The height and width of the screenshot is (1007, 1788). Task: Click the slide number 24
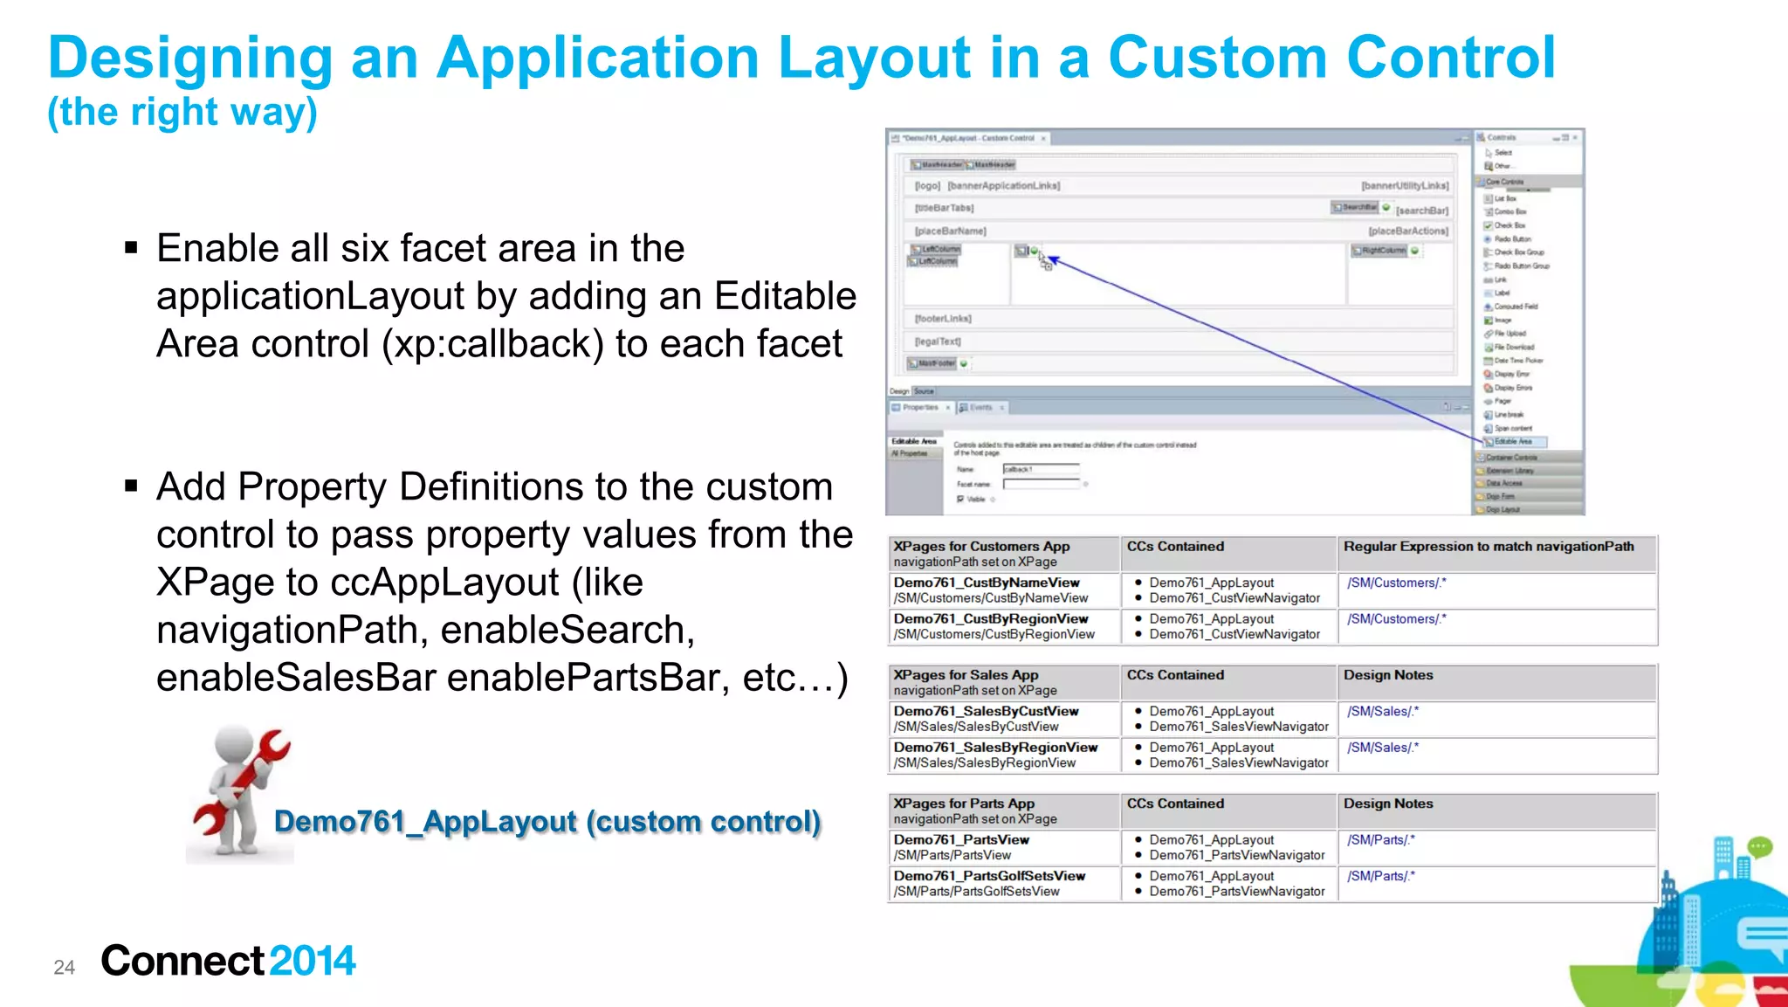point(64,967)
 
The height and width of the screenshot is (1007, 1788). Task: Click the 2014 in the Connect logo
point(313,961)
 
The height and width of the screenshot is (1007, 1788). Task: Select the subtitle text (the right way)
point(182,112)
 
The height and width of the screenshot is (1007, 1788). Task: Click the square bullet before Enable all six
point(131,248)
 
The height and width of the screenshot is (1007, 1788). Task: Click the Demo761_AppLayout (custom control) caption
point(547,822)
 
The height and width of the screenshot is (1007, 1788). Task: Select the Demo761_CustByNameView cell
point(987,583)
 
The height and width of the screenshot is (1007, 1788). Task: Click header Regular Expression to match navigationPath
point(1489,547)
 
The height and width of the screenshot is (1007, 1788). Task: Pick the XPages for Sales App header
point(966,675)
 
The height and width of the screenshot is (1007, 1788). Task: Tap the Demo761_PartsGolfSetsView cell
point(989,876)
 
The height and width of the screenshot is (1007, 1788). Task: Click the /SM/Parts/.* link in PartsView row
point(1380,840)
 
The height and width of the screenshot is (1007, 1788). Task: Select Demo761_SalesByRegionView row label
point(995,748)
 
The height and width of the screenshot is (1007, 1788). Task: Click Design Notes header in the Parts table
point(1388,804)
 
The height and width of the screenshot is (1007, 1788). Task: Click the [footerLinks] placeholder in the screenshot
point(943,319)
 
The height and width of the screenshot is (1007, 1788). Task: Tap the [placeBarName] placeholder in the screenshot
point(950,231)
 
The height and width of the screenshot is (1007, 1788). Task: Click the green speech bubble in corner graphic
point(1759,846)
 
